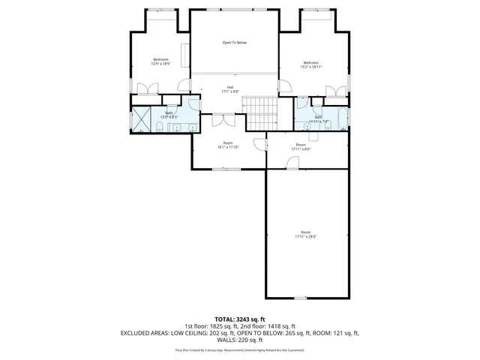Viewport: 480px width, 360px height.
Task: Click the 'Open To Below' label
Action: [234, 43]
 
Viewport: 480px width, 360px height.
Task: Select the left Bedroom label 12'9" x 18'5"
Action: [160, 61]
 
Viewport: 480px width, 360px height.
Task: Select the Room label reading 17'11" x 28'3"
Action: [305, 234]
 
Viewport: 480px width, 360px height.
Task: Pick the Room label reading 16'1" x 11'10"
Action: [228, 145]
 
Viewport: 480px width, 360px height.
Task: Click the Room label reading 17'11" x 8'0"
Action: [301, 146]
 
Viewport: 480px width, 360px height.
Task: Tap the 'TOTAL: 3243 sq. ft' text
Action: [239, 319]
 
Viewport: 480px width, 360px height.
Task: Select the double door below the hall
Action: [223, 119]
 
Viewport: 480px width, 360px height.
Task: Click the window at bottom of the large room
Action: [310, 297]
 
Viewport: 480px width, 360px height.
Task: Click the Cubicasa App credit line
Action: [239, 349]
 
